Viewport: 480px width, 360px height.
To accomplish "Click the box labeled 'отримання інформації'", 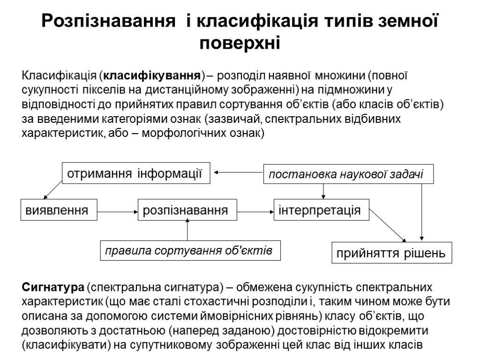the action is pos(135,173).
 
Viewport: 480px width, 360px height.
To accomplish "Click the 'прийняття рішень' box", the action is pos(392,253).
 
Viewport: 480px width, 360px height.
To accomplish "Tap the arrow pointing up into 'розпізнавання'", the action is pos(187,230).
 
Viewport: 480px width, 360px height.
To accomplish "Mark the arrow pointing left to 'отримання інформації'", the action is pos(238,172).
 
